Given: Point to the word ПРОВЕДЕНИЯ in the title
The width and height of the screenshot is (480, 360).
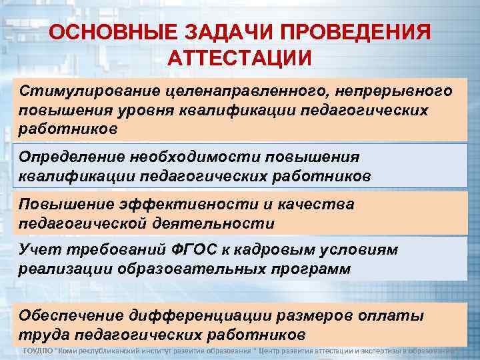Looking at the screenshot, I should click(359, 33).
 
